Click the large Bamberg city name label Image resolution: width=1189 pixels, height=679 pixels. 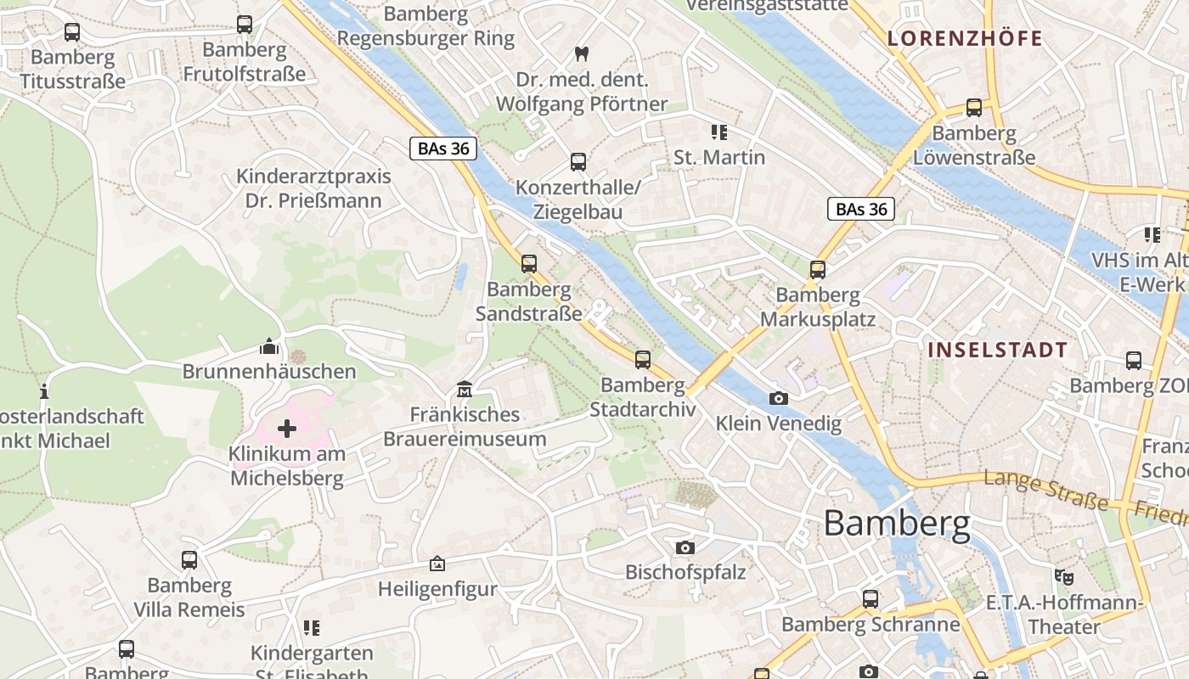pos(897,524)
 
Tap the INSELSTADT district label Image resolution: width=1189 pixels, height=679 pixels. pos(997,350)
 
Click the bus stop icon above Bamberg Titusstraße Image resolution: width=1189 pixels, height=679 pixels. pos(72,32)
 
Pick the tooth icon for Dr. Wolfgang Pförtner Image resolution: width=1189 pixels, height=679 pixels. pos(582,53)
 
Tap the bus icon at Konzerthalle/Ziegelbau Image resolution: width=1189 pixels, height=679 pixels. pos(578,161)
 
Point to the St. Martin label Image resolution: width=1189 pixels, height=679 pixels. pos(719,157)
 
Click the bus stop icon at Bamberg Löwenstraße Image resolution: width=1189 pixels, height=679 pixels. pos(974,108)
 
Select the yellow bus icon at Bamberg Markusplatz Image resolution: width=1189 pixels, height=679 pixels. pos(818,270)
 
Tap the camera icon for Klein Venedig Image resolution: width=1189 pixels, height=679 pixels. pos(778,398)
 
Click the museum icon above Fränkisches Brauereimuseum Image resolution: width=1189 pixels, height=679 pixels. pos(464,390)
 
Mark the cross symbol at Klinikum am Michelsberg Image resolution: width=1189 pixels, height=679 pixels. pos(287,428)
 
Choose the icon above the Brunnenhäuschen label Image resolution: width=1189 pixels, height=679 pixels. pos(269,346)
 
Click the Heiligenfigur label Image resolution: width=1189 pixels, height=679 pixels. pos(437,589)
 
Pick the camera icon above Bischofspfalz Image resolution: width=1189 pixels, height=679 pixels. pos(685,547)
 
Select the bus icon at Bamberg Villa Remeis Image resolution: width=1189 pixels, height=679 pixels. pos(189,560)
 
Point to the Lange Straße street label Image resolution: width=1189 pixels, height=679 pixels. pos(1046,491)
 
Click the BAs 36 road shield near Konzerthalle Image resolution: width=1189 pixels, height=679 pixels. pos(442,149)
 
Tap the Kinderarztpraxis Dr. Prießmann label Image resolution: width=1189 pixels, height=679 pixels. pos(313,188)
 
